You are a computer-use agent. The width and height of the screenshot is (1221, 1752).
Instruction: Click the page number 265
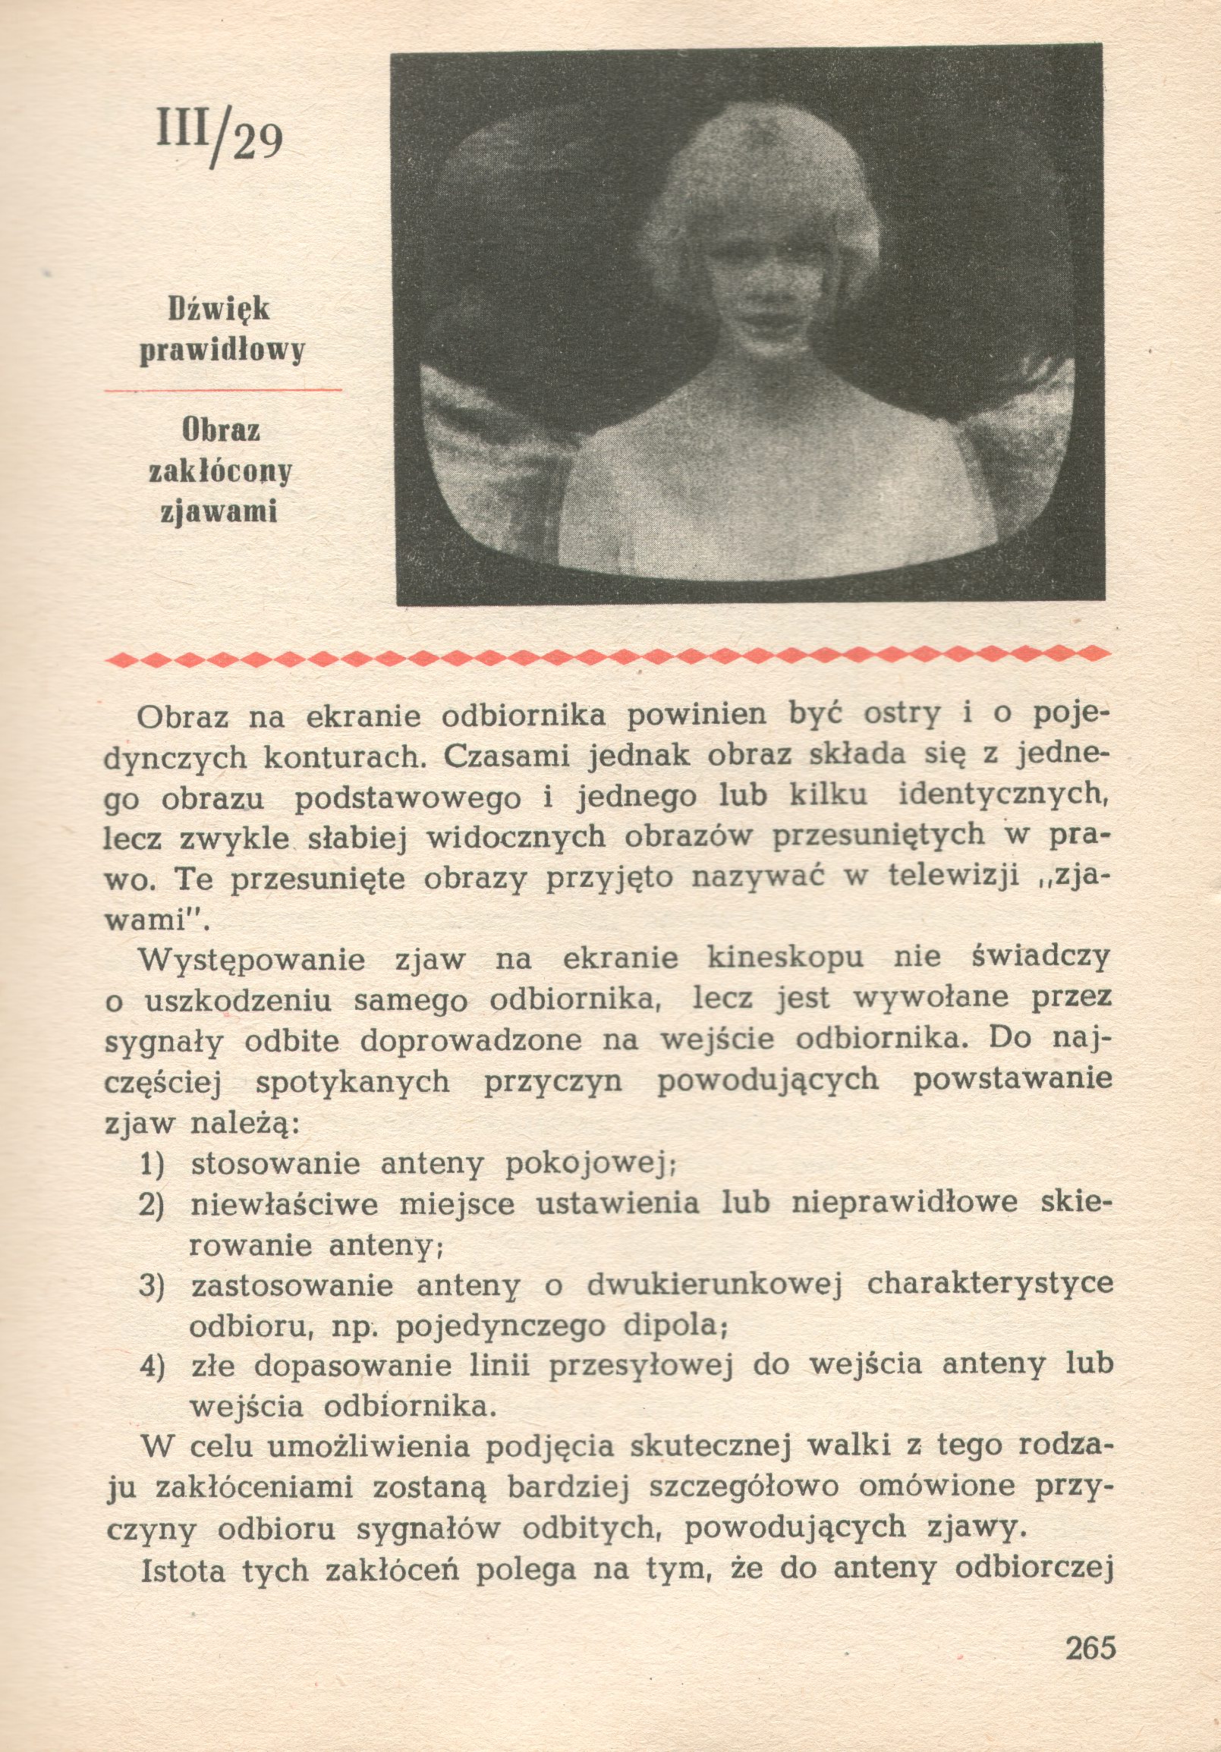[1090, 1667]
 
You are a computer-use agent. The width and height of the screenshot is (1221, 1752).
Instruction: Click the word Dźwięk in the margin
[219, 310]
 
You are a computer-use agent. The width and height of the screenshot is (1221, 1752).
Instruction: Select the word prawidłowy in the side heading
[222, 351]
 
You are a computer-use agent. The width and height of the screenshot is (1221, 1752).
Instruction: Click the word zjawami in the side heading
[219, 512]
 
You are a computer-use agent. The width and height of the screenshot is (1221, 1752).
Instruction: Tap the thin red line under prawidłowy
[223, 390]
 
